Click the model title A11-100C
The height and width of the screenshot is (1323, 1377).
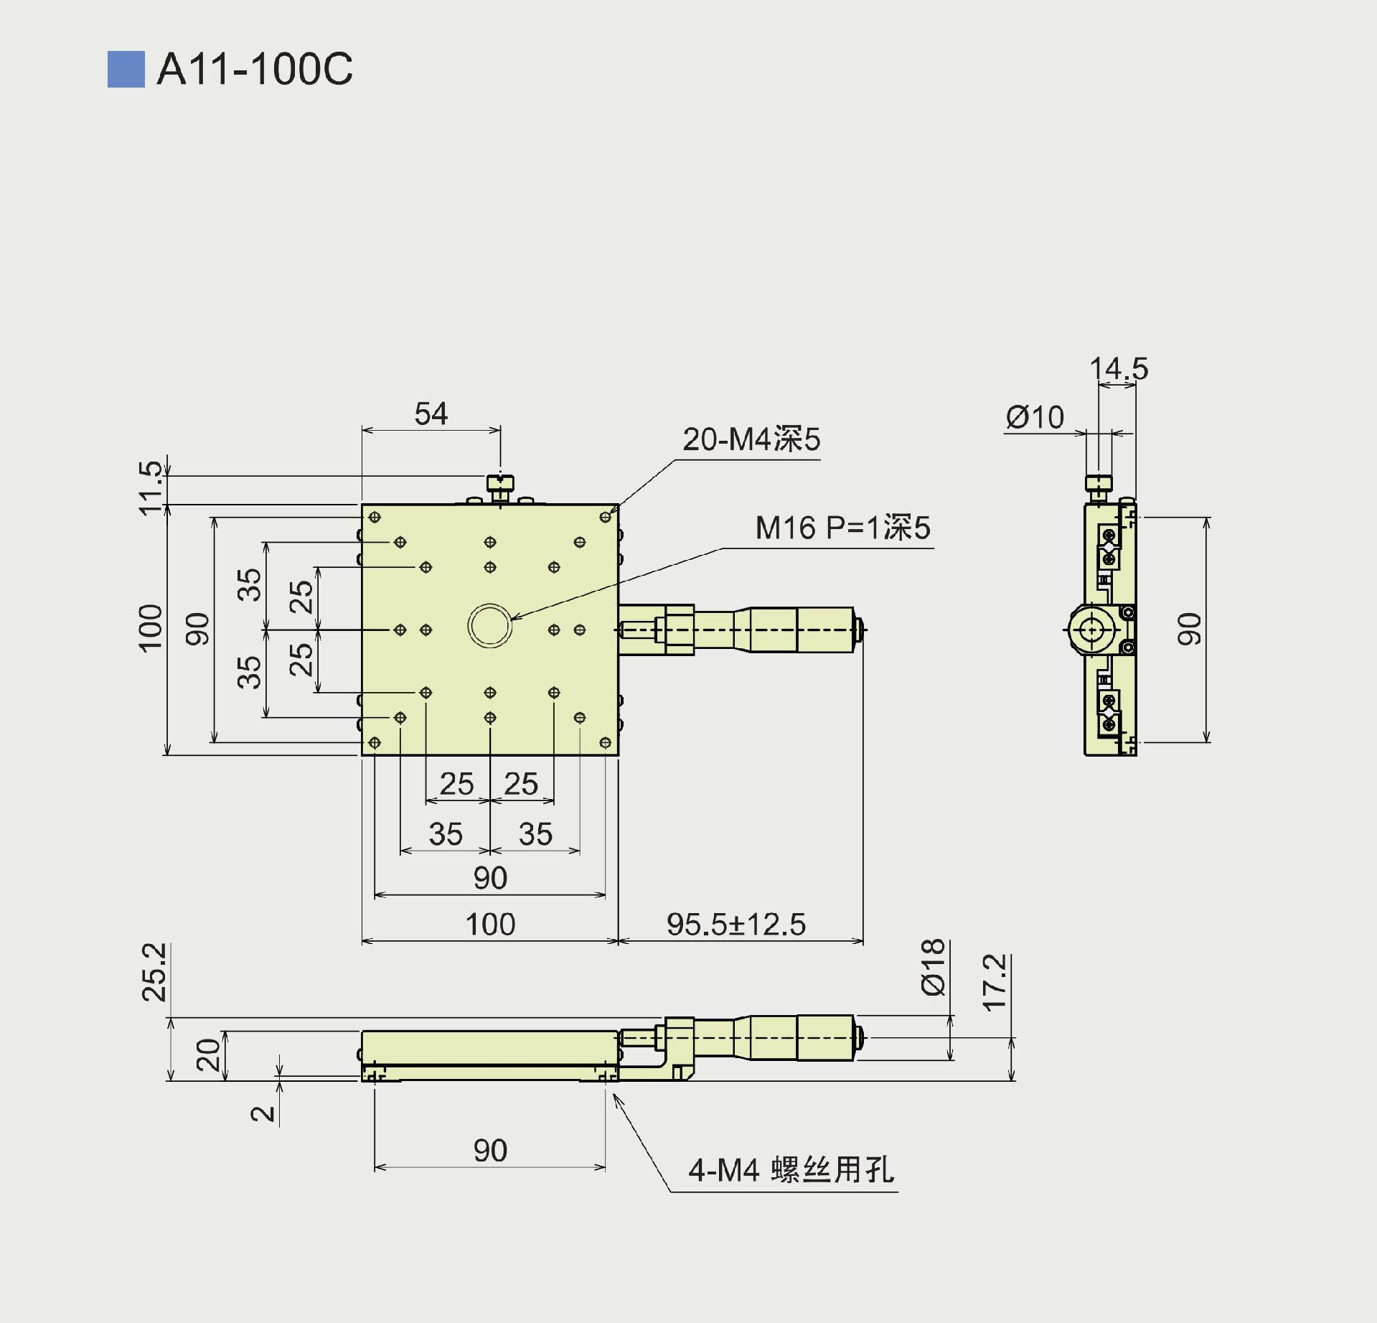[254, 70]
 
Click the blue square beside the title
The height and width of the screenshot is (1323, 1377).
[126, 70]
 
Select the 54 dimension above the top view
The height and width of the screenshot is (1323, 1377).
[431, 414]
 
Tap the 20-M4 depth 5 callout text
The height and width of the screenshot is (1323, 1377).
[751, 439]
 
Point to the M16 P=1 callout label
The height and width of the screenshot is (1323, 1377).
[842, 528]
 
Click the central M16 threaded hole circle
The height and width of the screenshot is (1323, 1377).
[489, 625]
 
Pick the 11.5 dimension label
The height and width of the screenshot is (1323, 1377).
[151, 488]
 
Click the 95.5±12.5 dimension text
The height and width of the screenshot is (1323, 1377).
[736, 925]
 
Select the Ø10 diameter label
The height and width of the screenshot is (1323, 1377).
[1034, 417]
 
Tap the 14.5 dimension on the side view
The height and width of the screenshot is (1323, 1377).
[1118, 369]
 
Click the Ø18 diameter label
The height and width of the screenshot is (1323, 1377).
[934, 967]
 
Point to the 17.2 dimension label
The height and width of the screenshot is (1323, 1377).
[995, 983]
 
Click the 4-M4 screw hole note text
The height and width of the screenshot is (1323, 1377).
[791, 1170]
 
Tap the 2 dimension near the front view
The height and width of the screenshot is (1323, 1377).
[263, 1113]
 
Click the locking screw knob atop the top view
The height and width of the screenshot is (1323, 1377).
[500, 483]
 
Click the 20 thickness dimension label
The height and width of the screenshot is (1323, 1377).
[209, 1055]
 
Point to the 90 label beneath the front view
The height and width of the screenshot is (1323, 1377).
[490, 1151]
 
